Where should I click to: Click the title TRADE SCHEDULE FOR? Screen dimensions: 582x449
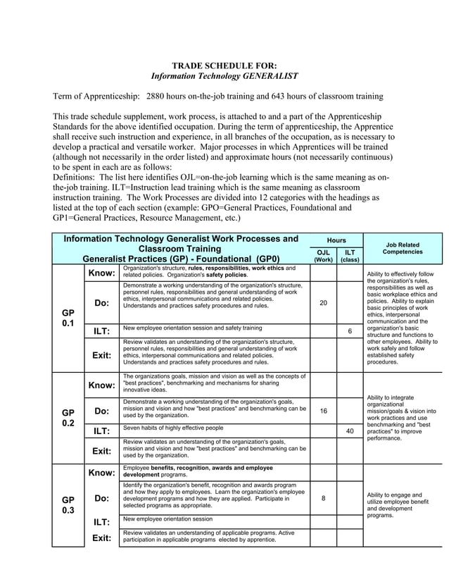(x=224, y=65)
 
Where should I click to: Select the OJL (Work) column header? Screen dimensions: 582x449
(x=323, y=254)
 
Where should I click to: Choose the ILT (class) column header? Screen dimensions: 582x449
(x=350, y=254)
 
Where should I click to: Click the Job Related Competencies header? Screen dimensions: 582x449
(x=402, y=247)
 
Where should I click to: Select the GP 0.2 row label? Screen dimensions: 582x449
(x=68, y=418)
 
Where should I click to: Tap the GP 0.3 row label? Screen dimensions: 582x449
(x=68, y=504)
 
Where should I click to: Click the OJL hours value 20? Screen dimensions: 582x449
(x=323, y=302)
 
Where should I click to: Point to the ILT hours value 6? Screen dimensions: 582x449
(x=350, y=330)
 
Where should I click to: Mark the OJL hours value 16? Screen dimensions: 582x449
(x=323, y=411)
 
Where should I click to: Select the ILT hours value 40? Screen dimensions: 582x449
(x=350, y=431)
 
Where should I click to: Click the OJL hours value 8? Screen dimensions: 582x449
(x=323, y=498)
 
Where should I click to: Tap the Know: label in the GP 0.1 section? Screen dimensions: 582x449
(x=101, y=273)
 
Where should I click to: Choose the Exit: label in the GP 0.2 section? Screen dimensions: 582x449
(x=101, y=450)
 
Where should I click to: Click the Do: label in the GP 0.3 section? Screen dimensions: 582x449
(x=101, y=498)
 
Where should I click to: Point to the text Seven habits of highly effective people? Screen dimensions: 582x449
(x=173, y=428)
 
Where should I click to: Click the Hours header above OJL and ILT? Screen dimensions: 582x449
(x=336, y=240)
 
